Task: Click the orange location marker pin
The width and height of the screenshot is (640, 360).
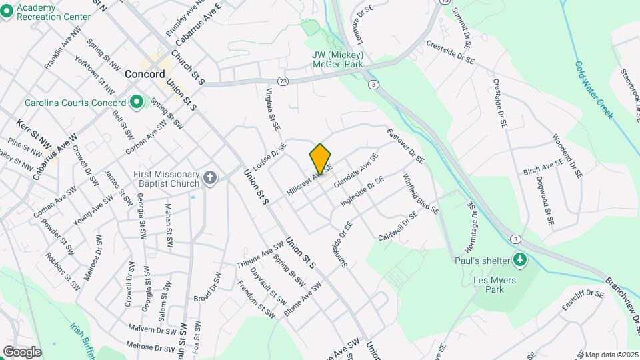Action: [x=320, y=159]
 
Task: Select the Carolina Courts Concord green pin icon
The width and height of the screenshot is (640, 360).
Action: [x=137, y=103]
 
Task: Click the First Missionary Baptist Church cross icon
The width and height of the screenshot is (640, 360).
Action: [x=210, y=177]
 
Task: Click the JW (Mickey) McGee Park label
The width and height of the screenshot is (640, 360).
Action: [x=337, y=59]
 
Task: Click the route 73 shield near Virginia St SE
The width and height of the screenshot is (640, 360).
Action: [x=284, y=81]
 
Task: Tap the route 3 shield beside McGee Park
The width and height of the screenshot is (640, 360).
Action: [x=373, y=84]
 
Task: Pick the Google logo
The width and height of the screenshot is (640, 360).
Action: [x=22, y=351]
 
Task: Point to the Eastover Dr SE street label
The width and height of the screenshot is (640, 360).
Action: [x=405, y=146]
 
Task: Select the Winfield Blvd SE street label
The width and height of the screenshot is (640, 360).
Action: [x=421, y=193]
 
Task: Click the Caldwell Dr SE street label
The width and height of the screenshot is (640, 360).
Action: [x=398, y=227]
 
